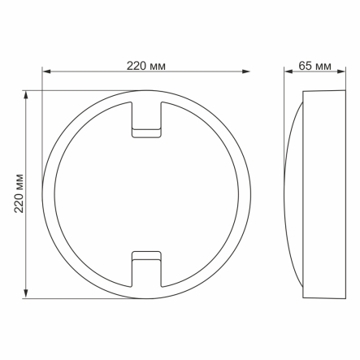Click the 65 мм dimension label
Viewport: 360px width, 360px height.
315,65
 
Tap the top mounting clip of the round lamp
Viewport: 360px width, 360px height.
147,120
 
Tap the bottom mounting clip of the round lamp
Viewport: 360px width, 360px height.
147,267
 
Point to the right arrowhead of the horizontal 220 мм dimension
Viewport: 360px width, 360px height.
246,72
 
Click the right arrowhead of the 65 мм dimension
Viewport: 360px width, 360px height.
342,72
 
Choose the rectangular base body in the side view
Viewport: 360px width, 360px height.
323,193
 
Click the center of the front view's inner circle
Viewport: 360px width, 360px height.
147,194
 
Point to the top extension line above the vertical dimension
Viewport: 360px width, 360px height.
81,90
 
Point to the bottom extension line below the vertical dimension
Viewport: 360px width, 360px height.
81,298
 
